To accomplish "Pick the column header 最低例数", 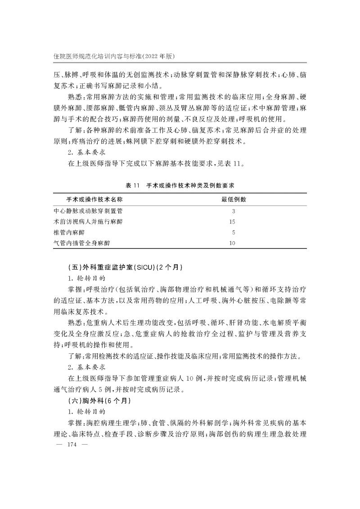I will pyautogui.click(x=233, y=199).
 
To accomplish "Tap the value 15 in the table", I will pyautogui.click(x=233, y=221).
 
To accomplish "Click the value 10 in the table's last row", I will pyautogui.click(x=233, y=243).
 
